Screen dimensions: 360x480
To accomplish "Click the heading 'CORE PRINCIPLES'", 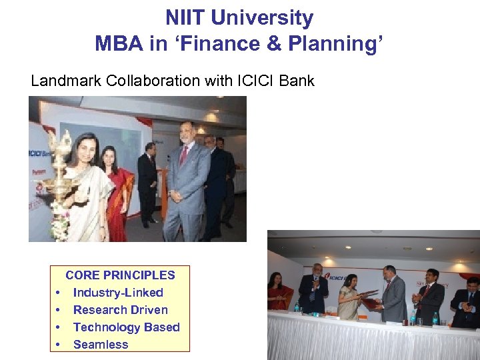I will point(120,275).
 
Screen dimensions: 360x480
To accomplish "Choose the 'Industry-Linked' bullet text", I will point(118,293).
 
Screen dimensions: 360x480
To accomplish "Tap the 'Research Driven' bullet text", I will point(120,310).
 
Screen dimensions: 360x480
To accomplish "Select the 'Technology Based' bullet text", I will point(126,327).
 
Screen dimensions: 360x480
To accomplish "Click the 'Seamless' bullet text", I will point(101,345).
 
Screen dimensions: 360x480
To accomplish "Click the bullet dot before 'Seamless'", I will point(59,345).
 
